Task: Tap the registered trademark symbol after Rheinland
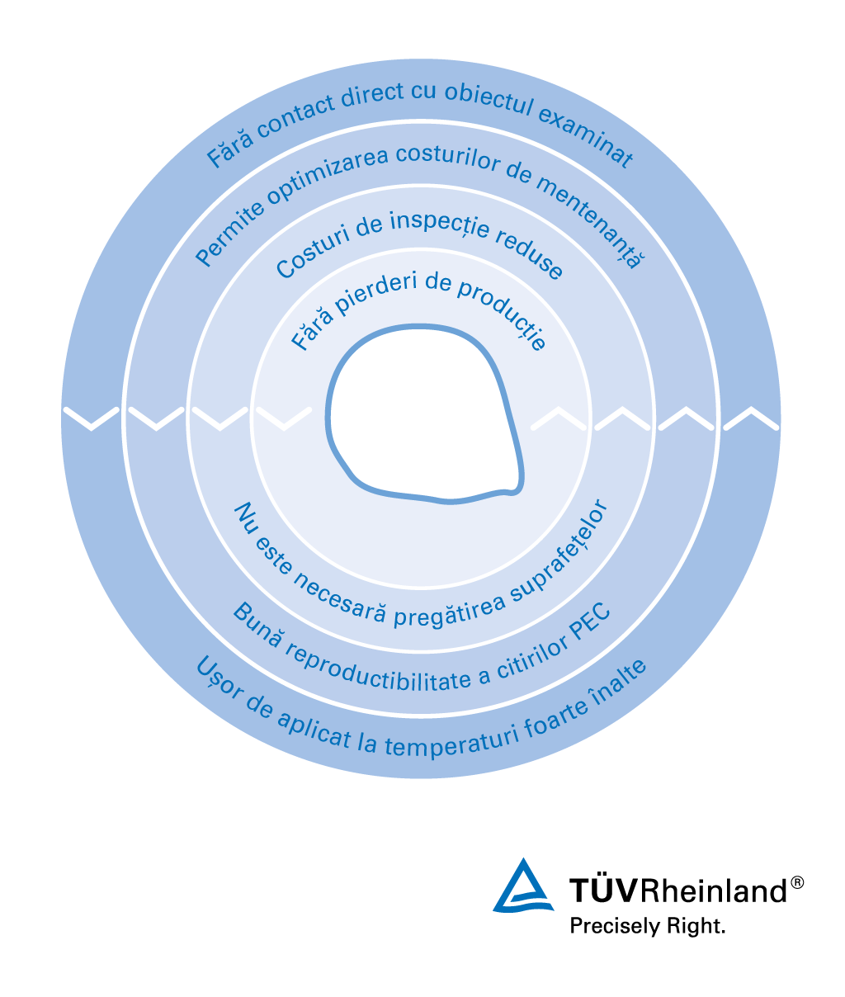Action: [796, 882]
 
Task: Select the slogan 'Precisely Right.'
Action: [647, 926]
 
